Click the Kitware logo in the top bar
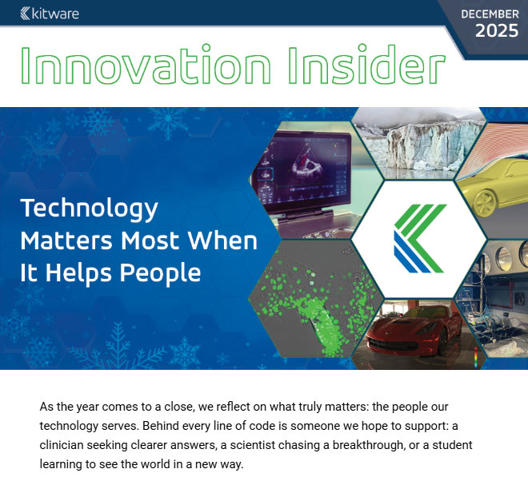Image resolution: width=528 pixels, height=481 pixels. tap(49, 13)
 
